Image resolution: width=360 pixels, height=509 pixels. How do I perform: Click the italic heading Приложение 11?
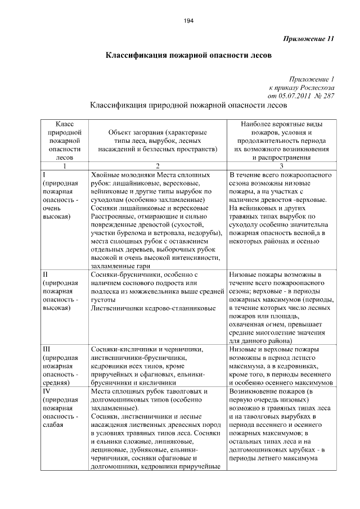[308, 39]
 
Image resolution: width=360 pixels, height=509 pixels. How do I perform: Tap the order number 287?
[326, 96]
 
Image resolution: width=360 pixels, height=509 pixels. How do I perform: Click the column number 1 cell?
[64, 166]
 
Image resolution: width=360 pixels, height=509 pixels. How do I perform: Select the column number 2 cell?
[157, 166]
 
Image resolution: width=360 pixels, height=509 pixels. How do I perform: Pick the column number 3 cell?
[281, 166]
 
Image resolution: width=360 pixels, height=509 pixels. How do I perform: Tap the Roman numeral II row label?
[46, 274]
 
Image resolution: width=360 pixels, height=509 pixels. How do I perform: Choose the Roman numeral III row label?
[47, 348]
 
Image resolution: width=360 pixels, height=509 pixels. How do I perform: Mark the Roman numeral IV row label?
[47, 390]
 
